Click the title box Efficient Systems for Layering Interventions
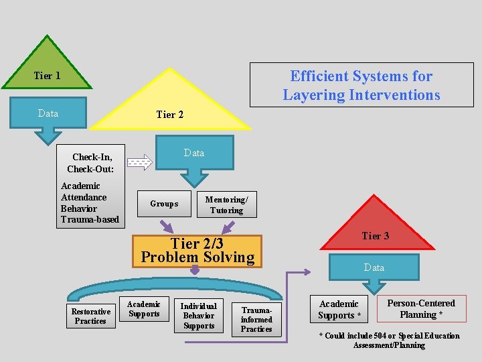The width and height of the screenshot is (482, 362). pyautogui.click(x=361, y=85)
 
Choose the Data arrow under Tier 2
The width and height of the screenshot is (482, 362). pyautogui.click(x=194, y=158)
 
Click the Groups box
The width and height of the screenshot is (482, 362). pyautogui.click(x=164, y=204)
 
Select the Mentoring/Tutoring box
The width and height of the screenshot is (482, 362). pyautogui.click(x=226, y=204)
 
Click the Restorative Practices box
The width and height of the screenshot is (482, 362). pyautogui.click(x=90, y=316)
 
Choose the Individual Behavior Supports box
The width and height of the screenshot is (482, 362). pyautogui.click(x=199, y=316)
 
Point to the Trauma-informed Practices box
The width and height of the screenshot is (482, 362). pyautogui.click(x=256, y=320)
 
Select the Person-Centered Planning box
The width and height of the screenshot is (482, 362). pyautogui.click(x=421, y=309)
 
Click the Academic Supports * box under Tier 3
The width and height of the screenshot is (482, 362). pyautogui.click(x=339, y=310)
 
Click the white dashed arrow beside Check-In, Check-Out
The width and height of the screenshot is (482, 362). pyautogui.click(x=140, y=162)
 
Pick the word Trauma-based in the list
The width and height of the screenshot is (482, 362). pyautogui.click(x=90, y=219)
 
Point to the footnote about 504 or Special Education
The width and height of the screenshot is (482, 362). pyautogui.click(x=389, y=341)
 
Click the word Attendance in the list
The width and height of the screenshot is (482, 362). pyautogui.click(x=84, y=197)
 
